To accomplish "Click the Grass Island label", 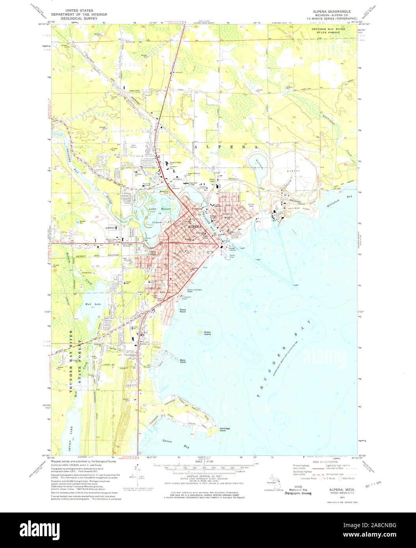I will (x=207, y=333).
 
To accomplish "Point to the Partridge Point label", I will (x=225, y=430).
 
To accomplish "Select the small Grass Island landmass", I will (x=201, y=332).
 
